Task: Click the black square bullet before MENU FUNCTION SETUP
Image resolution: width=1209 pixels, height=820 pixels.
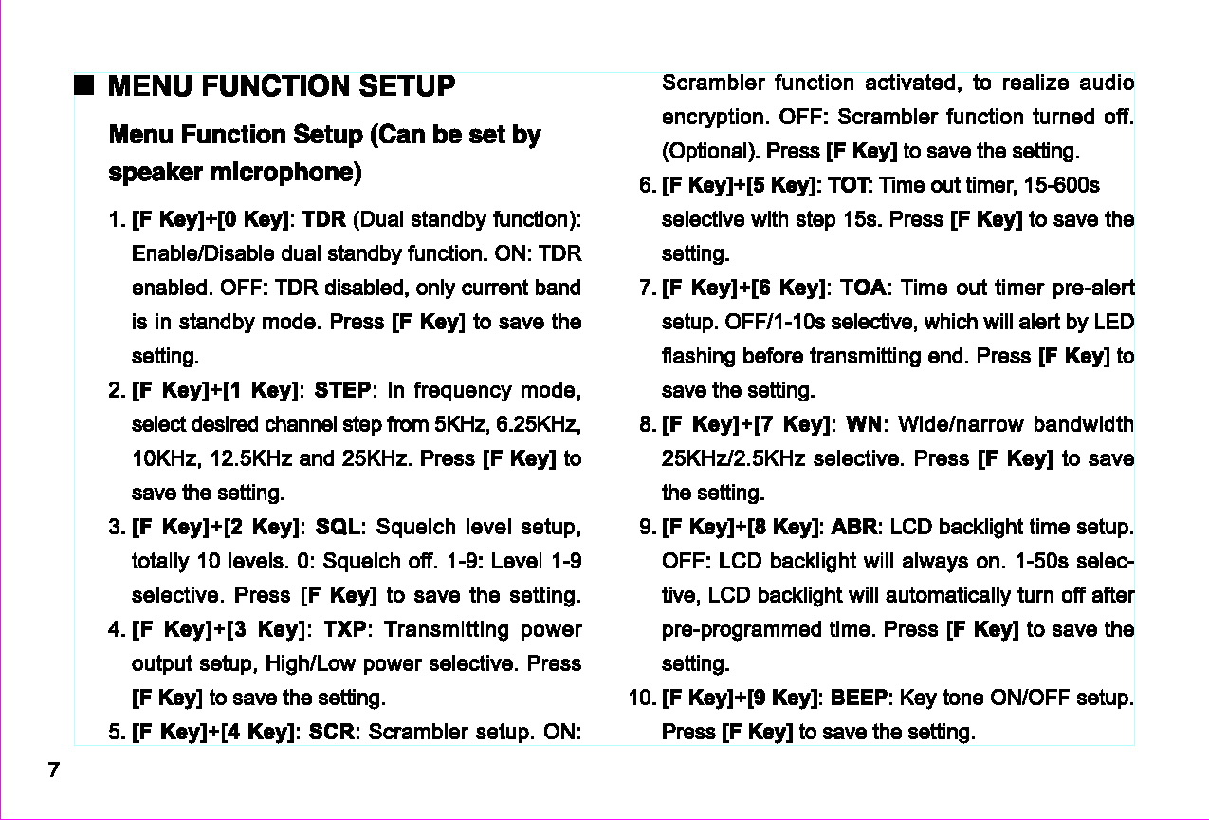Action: [85, 86]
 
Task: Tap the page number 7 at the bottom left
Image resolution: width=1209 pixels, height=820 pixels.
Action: [53, 770]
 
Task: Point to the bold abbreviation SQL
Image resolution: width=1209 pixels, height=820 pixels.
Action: [338, 528]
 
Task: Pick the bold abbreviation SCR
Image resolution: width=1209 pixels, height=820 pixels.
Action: [331, 733]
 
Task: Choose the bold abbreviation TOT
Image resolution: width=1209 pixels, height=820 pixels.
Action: [852, 186]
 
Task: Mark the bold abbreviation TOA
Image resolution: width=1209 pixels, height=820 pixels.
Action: [865, 289]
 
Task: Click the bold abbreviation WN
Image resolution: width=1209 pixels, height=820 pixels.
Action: [863, 425]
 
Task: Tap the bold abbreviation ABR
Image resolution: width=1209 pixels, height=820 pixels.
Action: [856, 528]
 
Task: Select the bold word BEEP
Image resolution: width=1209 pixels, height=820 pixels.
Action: [859, 699]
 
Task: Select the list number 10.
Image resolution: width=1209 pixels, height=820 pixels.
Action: [640, 699]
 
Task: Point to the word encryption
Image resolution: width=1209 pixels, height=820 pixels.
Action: [714, 118]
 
